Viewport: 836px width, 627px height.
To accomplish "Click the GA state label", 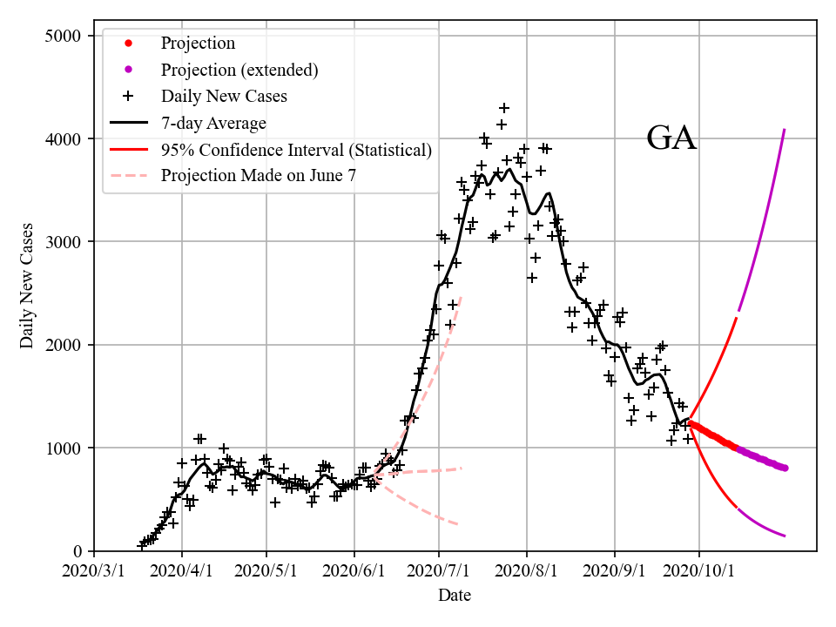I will pyautogui.click(x=671, y=138).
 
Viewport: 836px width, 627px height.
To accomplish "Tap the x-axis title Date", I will pyautogui.click(x=455, y=596).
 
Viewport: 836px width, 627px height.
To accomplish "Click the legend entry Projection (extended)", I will pyautogui.click(x=239, y=70).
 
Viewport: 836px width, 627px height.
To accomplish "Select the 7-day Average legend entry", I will pyautogui.click(x=213, y=123).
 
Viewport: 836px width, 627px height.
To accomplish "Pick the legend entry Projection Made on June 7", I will pyautogui.click(x=259, y=176).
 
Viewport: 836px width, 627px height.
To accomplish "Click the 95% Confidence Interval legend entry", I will pyautogui.click(x=296, y=150).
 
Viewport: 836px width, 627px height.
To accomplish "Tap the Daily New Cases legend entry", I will pyautogui.click(x=224, y=96).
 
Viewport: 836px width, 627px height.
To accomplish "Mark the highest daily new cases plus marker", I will pyautogui.click(x=503, y=108).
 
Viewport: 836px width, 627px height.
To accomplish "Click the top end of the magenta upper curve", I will pyautogui.click(x=785, y=130).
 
